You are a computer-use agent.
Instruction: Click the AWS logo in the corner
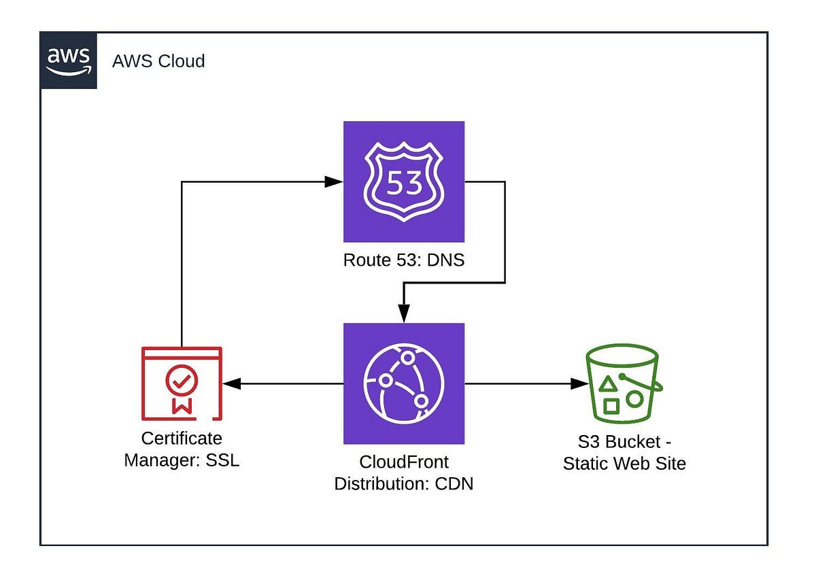pos(69,61)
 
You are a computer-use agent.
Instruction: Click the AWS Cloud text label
pos(158,61)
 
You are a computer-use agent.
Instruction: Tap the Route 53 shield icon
pos(404,182)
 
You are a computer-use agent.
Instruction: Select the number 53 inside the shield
pos(404,184)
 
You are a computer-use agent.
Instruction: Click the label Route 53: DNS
pos(404,259)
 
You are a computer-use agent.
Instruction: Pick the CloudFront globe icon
pos(404,383)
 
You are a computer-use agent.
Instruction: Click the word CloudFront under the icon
pos(404,462)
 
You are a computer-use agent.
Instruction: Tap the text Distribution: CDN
pos(404,485)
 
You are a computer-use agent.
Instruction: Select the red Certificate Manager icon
pos(182,383)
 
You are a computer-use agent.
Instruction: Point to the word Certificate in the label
pos(182,438)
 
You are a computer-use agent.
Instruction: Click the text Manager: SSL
pos(182,460)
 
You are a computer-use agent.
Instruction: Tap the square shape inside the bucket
pos(611,407)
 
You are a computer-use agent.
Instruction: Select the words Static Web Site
pos(624,464)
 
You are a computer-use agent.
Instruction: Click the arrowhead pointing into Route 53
pos(334,182)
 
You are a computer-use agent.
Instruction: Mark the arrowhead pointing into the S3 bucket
pos(579,384)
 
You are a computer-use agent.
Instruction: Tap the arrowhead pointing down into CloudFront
pos(404,313)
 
